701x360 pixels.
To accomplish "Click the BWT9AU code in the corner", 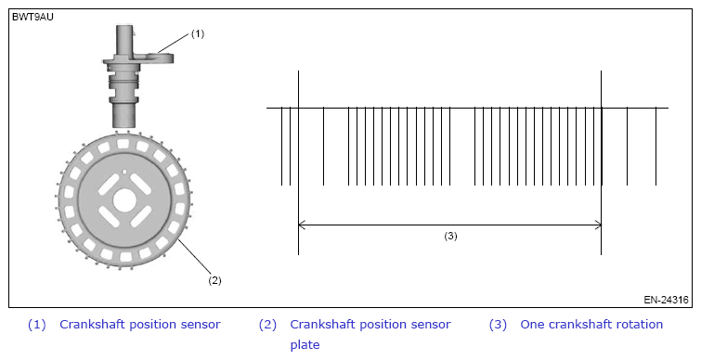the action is tap(32, 18).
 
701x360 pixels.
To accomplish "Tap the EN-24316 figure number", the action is tap(666, 300).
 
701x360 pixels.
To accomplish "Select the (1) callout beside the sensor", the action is tap(198, 34).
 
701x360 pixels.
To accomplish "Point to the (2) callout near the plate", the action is tap(214, 280).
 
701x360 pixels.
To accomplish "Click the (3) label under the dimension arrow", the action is tap(450, 237).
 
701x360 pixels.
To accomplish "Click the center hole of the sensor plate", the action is tap(123, 200).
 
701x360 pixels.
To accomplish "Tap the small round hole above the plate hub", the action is tap(124, 171).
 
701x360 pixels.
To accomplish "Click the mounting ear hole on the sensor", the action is tap(160, 56).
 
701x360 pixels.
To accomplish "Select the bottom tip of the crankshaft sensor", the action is tap(123, 126).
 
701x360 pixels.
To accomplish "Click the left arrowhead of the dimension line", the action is tap(302, 225).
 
